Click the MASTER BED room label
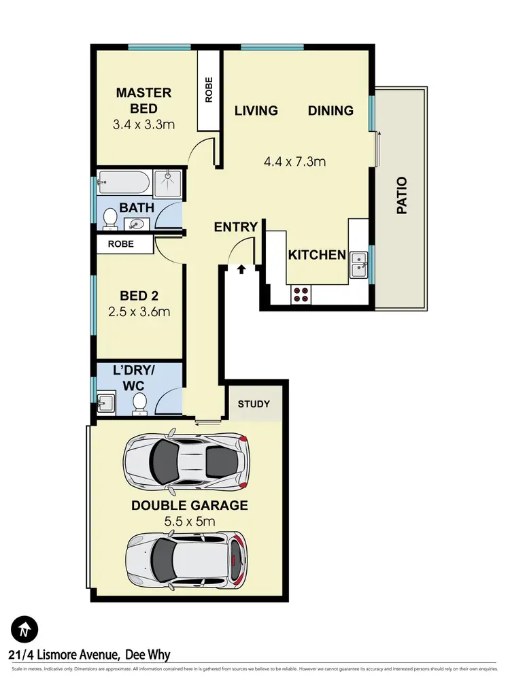tap(143, 101)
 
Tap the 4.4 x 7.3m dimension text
tap(294, 162)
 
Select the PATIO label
tap(402, 196)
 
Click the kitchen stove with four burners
tap(300, 294)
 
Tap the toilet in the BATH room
tap(109, 219)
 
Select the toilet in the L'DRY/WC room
tap(139, 403)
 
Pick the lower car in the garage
tap(186, 557)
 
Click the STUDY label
tap(254, 404)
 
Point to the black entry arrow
tap(241, 270)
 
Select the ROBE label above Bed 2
tap(120, 243)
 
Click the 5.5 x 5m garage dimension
tap(190, 522)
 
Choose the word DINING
tap(330, 110)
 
